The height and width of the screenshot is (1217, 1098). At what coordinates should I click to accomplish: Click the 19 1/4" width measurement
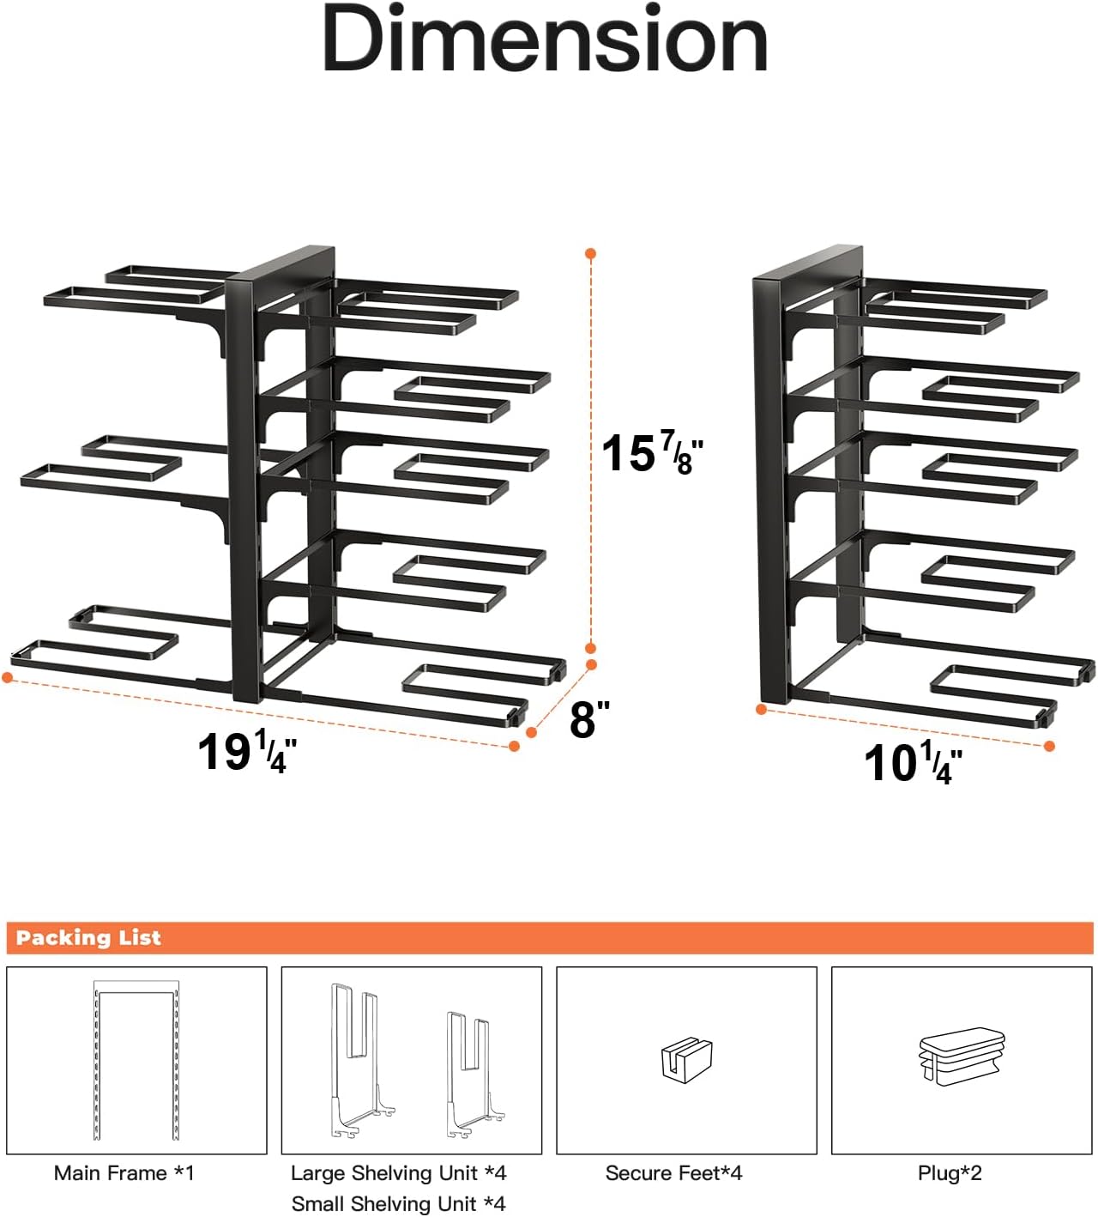click(x=247, y=752)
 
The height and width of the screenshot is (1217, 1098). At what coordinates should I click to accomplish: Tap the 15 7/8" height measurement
click(x=652, y=453)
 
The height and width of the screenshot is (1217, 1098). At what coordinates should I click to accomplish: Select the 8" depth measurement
click(x=589, y=719)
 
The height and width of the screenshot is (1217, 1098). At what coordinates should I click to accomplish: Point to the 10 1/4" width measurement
click(x=913, y=763)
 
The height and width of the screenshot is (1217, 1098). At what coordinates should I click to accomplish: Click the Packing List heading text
click(x=88, y=938)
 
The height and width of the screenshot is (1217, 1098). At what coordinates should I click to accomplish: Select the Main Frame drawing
click(x=136, y=1061)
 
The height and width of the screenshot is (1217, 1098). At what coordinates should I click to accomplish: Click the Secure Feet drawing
click(x=687, y=1059)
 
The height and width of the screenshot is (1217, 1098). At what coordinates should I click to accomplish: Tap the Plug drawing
click(x=962, y=1057)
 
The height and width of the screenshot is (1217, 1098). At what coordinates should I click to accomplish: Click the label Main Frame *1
click(x=124, y=1173)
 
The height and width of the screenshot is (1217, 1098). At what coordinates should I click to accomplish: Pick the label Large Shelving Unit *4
click(x=398, y=1173)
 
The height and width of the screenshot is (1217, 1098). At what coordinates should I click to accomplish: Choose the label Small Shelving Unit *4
click(x=398, y=1204)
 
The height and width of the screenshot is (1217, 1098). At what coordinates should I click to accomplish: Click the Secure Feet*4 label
click(x=673, y=1173)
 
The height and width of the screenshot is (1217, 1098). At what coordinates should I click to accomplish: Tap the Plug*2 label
click(x=950, y=1173)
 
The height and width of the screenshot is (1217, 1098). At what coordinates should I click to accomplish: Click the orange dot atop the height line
click(x=590, y=254)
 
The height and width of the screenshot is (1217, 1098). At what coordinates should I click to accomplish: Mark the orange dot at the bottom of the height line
click(x=590, y=648)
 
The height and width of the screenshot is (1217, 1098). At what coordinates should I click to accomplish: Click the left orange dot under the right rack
click(x=761, y=709)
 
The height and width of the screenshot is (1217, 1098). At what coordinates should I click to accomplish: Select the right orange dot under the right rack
click(x=1049, y=747)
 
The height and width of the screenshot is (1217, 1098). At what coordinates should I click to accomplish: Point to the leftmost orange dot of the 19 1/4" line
click(x=8, y=678)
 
